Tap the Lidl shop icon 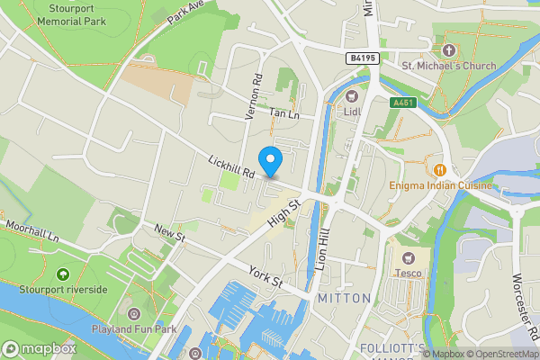pos(351,95)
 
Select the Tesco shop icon pos(402,256)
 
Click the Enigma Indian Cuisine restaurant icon pos(440,169)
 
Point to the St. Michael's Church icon pos(449,49)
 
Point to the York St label pos(265,275)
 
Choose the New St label pos(168,234)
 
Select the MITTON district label pos(344,298)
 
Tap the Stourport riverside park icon pos(62,274)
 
